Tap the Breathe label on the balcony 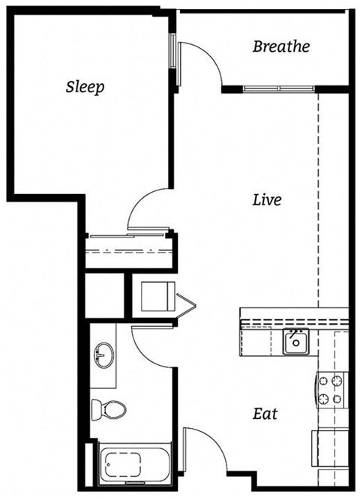(x=280, y=47)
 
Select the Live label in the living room (x=266, y=200)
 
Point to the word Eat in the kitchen (x=265, y=413)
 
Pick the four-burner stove (x=331, y=389)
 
